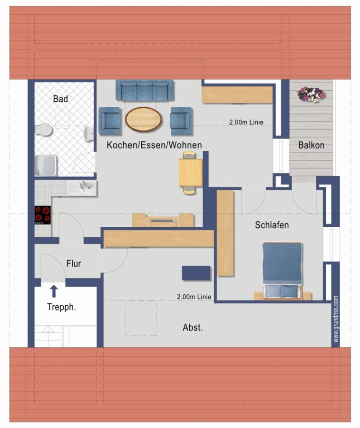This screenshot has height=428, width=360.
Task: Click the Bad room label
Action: (60, 99)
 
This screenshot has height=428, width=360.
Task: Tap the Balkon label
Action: (311, 145)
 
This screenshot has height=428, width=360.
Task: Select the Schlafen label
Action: (272, 225)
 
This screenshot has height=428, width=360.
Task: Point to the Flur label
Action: (74, 263)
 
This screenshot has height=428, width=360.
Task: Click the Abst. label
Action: (193, 327)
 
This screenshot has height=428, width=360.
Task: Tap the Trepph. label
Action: (61, 307)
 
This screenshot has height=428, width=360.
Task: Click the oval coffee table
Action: (144, 119)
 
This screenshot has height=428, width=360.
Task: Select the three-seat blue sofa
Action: (145, 90)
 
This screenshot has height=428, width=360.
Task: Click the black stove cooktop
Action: (43, 215)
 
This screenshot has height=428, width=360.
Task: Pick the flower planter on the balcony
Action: (311, 94)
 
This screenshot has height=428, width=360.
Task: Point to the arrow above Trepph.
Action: (54, 291)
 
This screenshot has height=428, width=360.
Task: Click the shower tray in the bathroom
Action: (46, 165)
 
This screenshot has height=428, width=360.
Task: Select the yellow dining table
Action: (191, 173)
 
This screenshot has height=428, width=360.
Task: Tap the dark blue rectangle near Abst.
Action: (196, 273)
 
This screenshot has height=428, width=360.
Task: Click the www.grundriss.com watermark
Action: (336, 319)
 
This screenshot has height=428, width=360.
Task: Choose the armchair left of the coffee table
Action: (110, 121)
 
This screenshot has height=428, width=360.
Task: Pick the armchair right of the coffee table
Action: (181, 121)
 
